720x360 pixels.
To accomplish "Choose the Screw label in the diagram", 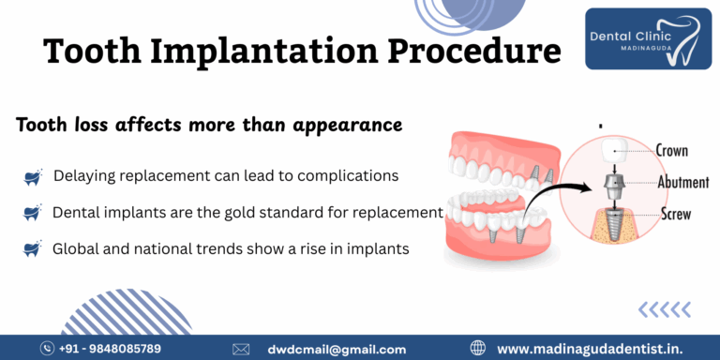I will coord(674,214).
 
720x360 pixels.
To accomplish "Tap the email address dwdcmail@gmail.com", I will coord(336,349).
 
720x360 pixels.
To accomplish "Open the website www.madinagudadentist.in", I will coord(601,349).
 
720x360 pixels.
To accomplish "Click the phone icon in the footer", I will coord(48,349).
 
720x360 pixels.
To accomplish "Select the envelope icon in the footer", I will coord(241,349).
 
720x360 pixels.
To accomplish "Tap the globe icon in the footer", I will coord(478,349).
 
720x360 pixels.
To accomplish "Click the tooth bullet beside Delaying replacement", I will coord(33,176).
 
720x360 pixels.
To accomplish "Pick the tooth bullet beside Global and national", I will coord(33,249).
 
